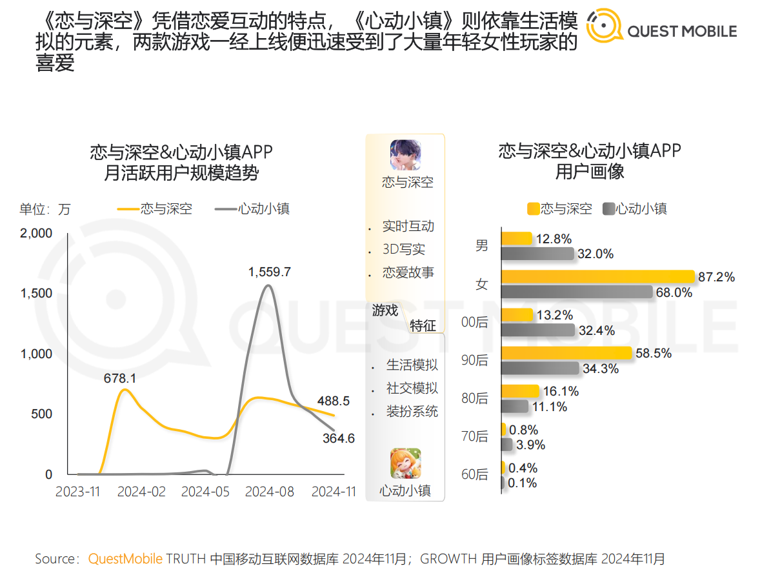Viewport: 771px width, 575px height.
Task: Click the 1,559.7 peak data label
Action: tap(270, 272)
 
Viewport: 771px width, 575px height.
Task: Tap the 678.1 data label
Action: tap(120, 378)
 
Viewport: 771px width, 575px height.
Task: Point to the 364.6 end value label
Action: tap(338, 438)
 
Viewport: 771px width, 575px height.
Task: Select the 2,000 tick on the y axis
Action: tap(36, 233)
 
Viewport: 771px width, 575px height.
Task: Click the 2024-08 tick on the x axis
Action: tap(270, 492)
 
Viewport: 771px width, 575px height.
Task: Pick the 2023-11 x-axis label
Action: tap(78, 492)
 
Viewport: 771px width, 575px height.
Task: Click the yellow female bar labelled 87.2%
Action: tap(597, 277)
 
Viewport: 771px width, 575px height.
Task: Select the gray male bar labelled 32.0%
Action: tap(537, 254)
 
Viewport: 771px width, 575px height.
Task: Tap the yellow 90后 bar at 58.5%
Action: tap(566, 354)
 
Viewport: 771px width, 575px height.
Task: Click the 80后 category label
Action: tap(476, 398)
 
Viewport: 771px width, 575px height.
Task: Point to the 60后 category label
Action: tap(476, 475)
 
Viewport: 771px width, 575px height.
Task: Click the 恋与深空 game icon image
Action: tap(405, 155)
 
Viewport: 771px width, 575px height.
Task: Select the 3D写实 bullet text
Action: tap(404, 249)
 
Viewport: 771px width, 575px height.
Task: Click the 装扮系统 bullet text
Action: tap(412, 411)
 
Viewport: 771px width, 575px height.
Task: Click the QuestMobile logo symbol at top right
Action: tap(605, 26)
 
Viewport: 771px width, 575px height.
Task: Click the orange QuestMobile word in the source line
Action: tap(126, 558)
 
